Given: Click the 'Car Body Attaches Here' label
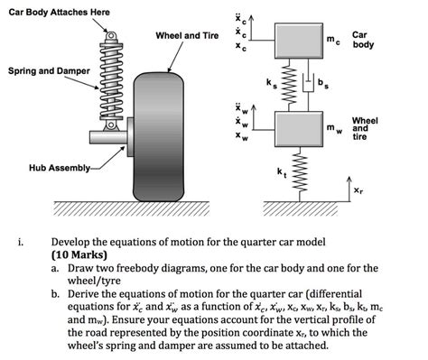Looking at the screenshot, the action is coord(59,13).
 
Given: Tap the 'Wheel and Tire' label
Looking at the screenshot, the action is coord(187,35).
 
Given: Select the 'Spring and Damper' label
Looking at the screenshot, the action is coord(49,71).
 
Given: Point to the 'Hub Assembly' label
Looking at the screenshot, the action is coord(60,168).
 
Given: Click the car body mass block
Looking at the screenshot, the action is coord(299,41).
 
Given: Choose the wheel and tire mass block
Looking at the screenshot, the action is coord(299,129).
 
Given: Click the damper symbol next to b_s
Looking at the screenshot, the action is coord(308,82).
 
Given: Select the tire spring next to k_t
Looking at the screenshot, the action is coord(300,174).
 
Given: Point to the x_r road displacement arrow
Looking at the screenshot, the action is coord(349,189).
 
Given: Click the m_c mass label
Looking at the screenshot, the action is coord(333,41).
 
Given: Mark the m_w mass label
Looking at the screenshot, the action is coord(335,129).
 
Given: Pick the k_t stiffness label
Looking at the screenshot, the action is coord(282,172).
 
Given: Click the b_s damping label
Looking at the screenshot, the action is coord(323,83).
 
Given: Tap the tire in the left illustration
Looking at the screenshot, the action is coord(158,137).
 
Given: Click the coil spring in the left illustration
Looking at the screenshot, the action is coord(111,82).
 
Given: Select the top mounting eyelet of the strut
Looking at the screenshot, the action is coord(111,36).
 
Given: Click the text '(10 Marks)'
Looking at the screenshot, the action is coord(79,254).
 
